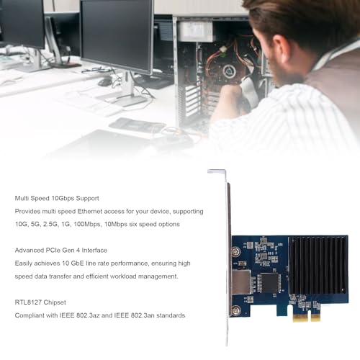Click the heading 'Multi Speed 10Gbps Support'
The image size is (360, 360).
[57, 199]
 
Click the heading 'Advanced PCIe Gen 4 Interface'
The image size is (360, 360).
[61, 251]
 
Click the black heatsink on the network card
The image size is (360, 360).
[318, 265]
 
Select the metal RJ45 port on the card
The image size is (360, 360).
[241, 282]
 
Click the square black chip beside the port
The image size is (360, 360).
[269, 283]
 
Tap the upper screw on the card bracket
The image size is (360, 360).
[236, 252]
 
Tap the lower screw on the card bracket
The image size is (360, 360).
[236, 310]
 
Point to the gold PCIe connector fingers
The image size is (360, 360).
[307, 318]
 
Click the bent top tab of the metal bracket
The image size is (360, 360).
[217, 171]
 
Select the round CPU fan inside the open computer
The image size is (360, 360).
[228, 71]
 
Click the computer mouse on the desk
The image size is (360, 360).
[104, 83]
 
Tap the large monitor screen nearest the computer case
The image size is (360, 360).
[117, 36]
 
